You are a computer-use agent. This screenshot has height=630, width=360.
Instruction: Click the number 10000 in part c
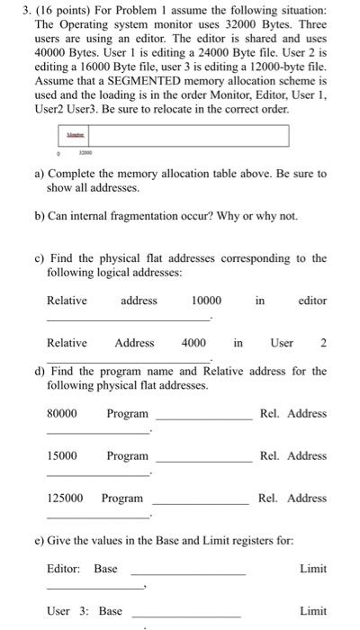click(x=207, y=301)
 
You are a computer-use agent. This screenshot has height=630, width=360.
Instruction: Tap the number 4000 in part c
click(x=193, y=343)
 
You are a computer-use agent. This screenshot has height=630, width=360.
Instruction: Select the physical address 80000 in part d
click(x=61, y=414)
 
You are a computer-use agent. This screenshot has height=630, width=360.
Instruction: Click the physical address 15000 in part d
click(x=61, y=456)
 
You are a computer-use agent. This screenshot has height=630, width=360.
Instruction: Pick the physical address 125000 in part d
click(x=65, y=499)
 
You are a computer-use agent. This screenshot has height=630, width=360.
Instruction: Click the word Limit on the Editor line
click(x=313, y=569)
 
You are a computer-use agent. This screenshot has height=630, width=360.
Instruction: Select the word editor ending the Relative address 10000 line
click(x=312, y=301)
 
